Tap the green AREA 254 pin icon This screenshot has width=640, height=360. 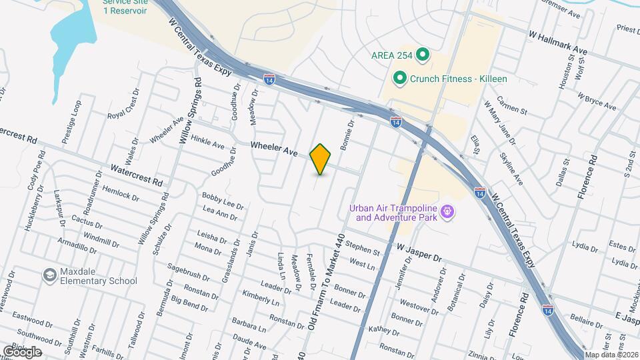pos(421,55)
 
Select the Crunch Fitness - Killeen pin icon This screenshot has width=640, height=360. pos(399,79)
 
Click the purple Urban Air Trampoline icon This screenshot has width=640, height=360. pos(448,212)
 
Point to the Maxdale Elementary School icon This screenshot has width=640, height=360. pos(49,275)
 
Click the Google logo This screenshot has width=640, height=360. pos(22,351)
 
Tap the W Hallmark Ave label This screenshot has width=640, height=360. pos(557,33)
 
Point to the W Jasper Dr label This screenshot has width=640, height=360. pos(419,253)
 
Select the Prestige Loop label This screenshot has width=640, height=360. pos(72,122)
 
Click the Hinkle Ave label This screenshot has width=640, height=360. pos(207,140)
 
